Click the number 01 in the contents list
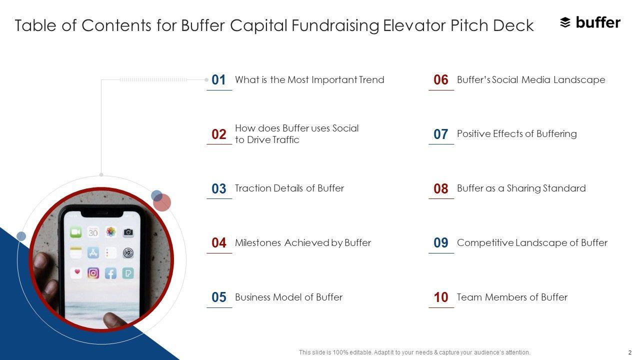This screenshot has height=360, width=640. pyautogui.click(x=218, y=79)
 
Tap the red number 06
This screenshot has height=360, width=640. pyautogui.click(x=440, y=79)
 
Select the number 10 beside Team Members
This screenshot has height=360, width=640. pyautogui.click(x=441, y=297)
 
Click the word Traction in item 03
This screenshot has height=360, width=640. pyautogui.click(x=252, y=188)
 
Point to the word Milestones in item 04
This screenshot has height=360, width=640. pyautogui.click(x=258, y=242)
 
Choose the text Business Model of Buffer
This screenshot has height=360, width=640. pyautogui.click(x=288, y=297)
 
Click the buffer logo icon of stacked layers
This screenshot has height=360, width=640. pyautogui.click(x=565, y=22)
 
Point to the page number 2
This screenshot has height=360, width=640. pyautogui.click(x=629, y=352)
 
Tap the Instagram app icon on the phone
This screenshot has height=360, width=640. pyautogui.click(x=93, y=273)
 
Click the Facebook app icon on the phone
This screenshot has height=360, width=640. pyautogui.click(x=110, y=273)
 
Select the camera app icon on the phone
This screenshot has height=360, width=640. pyautogui.click(x=128, y=232)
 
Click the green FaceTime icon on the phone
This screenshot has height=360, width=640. pyautogui.click(x=75, y=232)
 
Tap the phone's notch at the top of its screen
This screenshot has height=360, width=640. pyautogui.click(x=102, y=213)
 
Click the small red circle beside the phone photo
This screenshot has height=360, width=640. pyautogui.click(x=162, y=202)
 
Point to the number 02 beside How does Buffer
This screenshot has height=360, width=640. pyautogui.click(x=219, y=134)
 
